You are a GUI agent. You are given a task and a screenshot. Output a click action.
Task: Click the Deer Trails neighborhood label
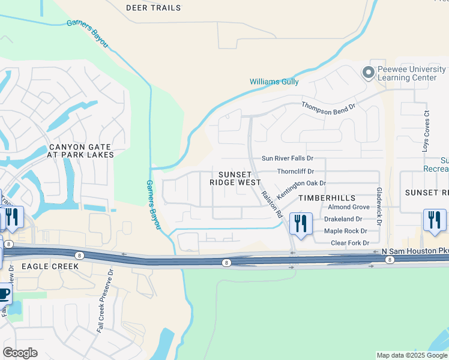point(153,8)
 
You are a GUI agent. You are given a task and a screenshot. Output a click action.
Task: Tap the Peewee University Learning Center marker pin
point(367,73)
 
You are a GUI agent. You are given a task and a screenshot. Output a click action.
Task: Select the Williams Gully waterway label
point(274,82)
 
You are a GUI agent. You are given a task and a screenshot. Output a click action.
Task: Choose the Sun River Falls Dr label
point(287,158)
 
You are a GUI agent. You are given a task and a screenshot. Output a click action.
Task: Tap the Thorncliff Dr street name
point(295,172)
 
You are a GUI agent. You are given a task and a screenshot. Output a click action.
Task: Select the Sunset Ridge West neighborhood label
point(235,178)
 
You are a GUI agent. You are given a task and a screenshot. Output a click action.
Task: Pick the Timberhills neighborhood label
point(327,197)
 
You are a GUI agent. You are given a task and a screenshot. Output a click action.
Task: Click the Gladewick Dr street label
point(379,205)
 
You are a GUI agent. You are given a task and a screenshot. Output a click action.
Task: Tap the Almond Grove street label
point(348,207)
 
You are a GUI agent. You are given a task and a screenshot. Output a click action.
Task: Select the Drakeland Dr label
point(343,219)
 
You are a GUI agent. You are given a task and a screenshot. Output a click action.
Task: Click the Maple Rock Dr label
point(345,231)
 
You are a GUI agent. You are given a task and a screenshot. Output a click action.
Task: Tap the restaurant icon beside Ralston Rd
point(300,223)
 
